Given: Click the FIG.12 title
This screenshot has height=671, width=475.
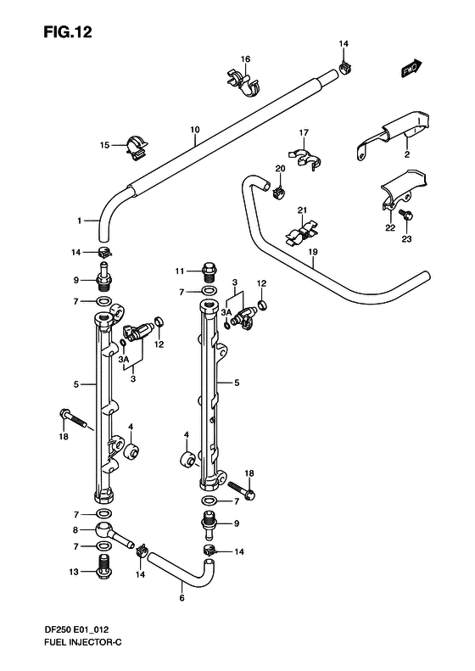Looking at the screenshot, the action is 68,32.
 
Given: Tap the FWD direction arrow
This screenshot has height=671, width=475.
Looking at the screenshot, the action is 412,68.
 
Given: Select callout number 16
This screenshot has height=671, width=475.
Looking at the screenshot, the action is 245,59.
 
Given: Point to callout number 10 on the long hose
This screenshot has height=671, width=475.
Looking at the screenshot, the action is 195,129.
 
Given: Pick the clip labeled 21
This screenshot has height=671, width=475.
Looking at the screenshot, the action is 302,233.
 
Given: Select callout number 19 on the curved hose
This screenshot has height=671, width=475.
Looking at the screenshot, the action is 313,252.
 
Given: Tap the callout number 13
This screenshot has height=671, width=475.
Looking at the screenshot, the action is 74,572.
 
